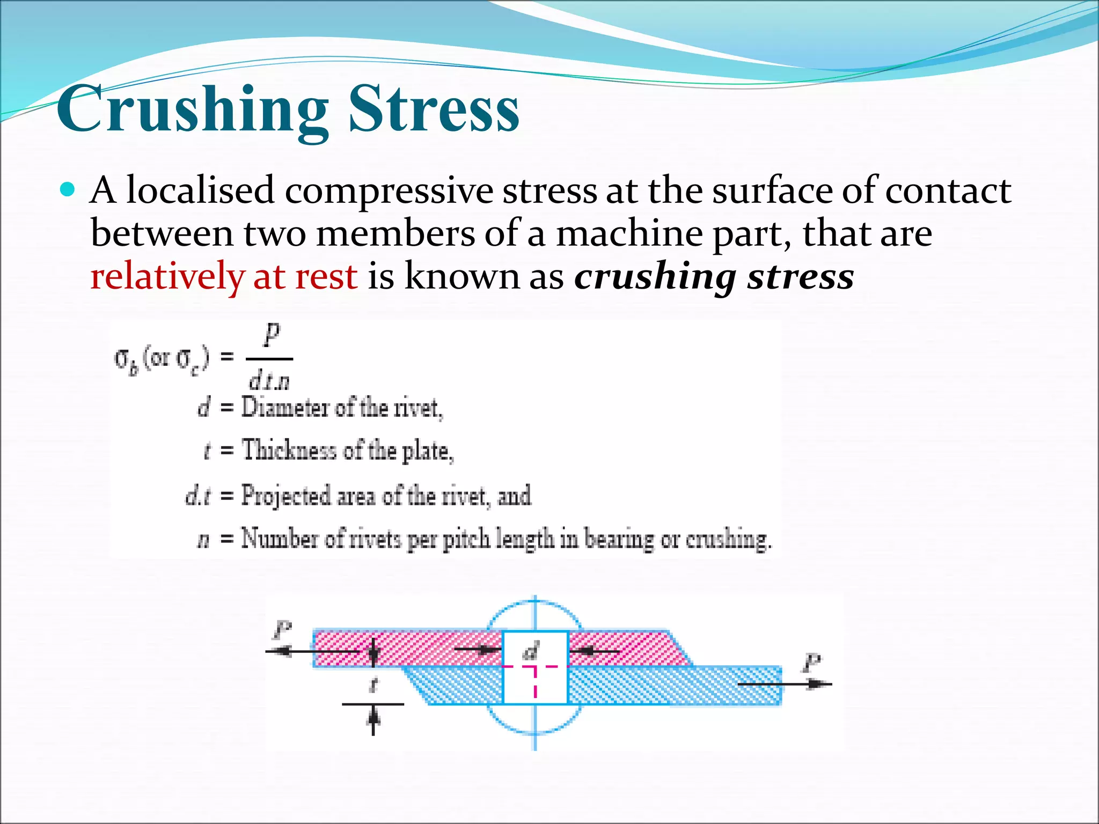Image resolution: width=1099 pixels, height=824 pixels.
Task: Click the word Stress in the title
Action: coord(434,110)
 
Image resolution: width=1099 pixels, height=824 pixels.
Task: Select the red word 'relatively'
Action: coord(167,277)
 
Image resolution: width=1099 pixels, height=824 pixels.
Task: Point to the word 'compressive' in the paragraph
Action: coord(389,192)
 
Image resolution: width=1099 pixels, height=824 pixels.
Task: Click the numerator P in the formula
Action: coord(272,335)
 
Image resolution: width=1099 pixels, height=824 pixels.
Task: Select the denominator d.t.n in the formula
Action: coord(269,381)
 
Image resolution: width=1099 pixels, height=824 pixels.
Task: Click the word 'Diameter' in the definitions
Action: coord(285,408)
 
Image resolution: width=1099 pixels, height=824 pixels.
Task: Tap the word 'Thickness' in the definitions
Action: coord(289,450)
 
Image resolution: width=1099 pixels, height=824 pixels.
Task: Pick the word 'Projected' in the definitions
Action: coord(285,496)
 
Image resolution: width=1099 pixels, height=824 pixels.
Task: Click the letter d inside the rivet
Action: coord(531,651)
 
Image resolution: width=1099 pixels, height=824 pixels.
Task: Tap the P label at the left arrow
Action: coord(282,630)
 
